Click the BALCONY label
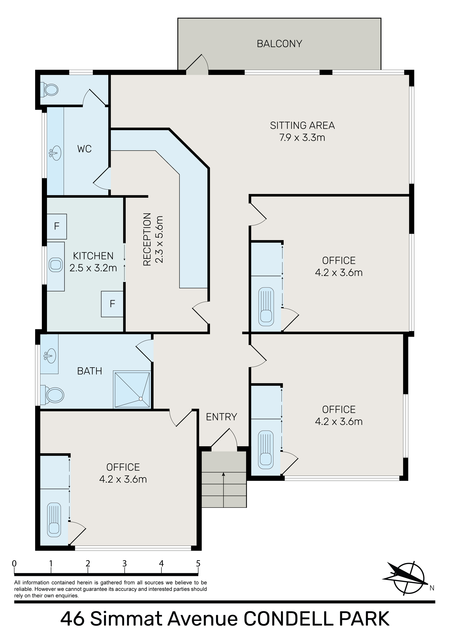[x=279, y=44]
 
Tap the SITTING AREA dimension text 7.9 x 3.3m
[x=302, y=137]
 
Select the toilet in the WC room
[x=49, y=90]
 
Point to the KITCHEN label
[x=93, y=256]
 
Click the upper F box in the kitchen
[x=57, y=226]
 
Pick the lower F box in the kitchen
[x=112, y=304]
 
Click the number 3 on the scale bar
[x=125, y=563]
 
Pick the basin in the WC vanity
[x=55, y=153]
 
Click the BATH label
[x=89, y=371]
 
